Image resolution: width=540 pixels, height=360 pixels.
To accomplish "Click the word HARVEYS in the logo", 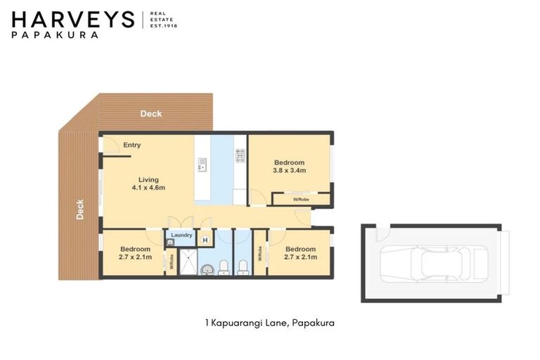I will (x=72, y=19).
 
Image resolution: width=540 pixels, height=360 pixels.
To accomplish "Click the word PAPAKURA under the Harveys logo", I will (x=55, y=34).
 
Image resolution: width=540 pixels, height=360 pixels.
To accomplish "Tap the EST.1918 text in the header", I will (x=164, y=25).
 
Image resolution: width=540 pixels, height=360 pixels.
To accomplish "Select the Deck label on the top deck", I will (x=150, y=113).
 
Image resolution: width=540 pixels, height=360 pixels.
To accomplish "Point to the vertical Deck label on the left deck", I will (x=79, y=210).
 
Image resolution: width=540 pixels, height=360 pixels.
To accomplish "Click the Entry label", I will (x=131, y=146).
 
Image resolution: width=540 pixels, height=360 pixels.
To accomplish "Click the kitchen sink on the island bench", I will (x=202, y=165).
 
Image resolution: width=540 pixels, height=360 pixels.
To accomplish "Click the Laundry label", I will (x=181, y=235).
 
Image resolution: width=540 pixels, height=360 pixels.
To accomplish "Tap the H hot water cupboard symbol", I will (x=205, y=240).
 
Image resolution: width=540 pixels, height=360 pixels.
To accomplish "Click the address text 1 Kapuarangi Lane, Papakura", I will (x=269, y=323).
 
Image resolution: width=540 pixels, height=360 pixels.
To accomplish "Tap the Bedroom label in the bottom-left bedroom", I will (x=134, y=249).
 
